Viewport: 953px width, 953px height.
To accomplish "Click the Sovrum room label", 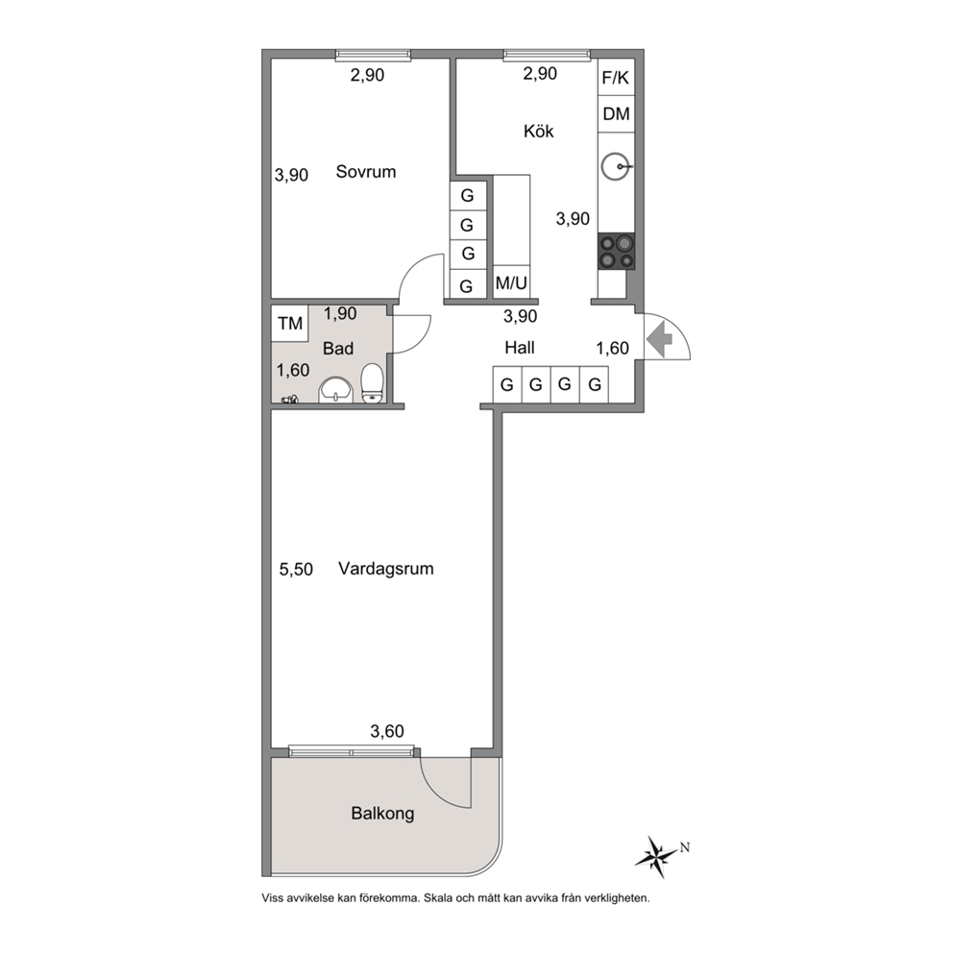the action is [366, 171].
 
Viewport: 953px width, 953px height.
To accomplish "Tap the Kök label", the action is [539, 131].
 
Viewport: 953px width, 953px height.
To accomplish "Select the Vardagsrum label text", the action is [386, 569].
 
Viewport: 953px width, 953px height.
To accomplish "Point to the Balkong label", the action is [383, 813].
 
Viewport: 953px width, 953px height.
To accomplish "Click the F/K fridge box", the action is [616, 77].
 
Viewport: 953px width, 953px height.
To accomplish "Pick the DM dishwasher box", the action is [616, 113].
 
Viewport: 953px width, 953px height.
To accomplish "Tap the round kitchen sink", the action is [615, 166].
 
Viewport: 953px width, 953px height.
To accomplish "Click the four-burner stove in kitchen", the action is [616, 252].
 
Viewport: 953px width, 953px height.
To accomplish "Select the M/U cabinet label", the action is [511, 282].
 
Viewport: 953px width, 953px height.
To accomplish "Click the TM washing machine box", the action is [290, 323].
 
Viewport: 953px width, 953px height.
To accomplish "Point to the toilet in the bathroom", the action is [372, 383].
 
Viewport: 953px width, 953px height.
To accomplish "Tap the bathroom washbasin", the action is [335, 390].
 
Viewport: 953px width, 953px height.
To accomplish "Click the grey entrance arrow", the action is [659, 339].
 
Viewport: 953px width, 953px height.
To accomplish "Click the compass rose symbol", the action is [656, 856].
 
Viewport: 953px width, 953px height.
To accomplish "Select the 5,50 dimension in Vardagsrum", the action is [296, 570].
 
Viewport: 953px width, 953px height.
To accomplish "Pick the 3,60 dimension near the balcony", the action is [387, 731].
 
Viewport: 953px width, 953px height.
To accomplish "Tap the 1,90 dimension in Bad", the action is [340, 313].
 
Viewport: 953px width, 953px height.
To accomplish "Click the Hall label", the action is [520, 348].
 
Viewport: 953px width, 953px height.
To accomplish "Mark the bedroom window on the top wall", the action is [373, 56].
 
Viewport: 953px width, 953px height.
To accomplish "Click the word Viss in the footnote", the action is [272, 897].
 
